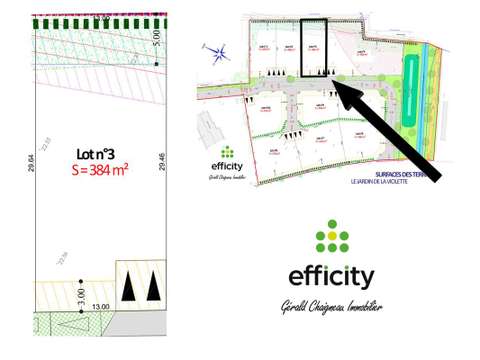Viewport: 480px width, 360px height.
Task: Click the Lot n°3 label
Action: point(97,153)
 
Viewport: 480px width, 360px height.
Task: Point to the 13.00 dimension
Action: point(101,308)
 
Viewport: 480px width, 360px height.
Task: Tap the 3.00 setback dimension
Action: point(81,296)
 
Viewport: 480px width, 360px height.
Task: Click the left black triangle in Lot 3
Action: point(129,287)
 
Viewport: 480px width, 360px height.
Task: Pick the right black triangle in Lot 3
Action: point(152,287)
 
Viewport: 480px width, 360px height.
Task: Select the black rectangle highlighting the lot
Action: point(315,47)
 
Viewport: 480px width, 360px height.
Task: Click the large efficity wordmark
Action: point(331,276)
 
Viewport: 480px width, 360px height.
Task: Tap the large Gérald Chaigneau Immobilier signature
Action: point(331,308)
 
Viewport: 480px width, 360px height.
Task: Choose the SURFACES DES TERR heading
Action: point(410,174)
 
